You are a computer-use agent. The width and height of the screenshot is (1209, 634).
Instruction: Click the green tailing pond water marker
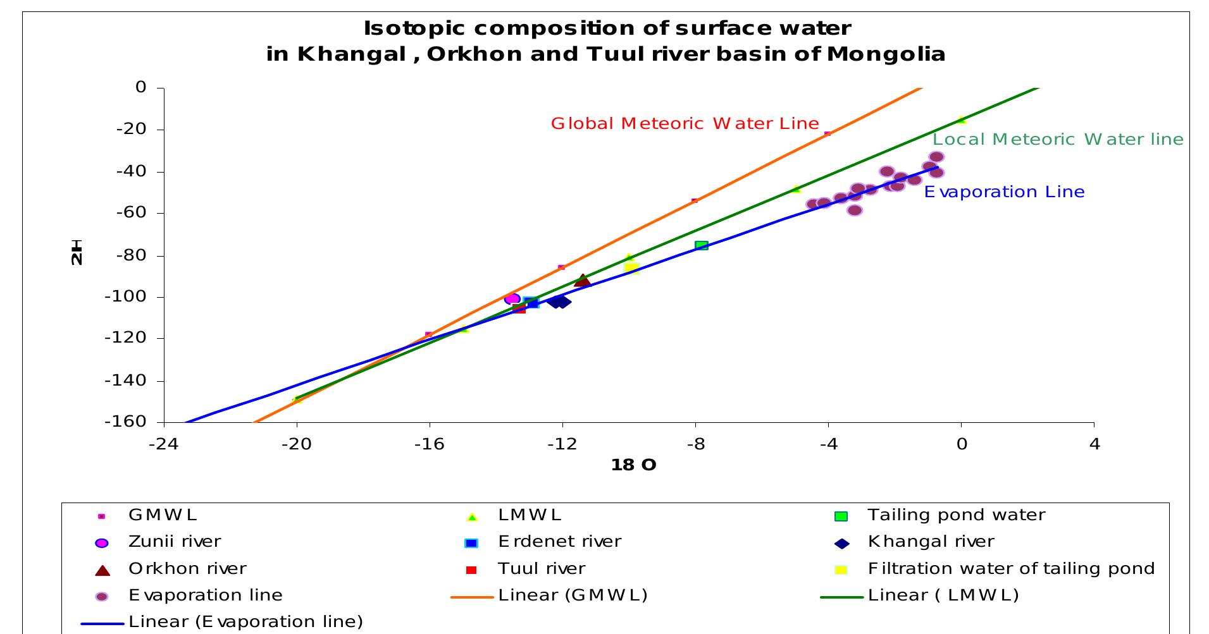[x=701, y=245]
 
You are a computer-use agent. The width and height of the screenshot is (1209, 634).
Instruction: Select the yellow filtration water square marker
[x=631, y=268]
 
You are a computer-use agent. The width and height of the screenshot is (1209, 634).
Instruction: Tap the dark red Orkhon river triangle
[x=582, y=281]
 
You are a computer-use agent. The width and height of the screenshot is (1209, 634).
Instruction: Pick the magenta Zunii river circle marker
[x=512, y=298]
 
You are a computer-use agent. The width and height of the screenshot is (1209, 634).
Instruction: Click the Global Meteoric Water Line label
[x=685, y=123]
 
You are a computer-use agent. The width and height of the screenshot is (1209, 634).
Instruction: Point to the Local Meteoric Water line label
[x=1057, y=139]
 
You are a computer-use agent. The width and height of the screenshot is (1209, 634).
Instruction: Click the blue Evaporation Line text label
[x=1003, y=192]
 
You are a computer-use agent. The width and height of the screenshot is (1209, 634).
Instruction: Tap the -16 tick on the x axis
[x=429, y=444]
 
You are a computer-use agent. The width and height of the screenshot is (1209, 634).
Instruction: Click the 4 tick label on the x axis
[x=1094, y=444]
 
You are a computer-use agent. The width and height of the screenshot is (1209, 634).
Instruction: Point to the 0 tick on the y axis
[x=140, y=87]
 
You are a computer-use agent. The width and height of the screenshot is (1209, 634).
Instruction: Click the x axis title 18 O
[x=633, y=465]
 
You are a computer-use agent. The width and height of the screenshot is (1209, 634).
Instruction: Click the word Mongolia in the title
[x=886, y=54]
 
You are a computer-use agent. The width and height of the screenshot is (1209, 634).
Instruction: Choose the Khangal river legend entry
[x=931, y=542]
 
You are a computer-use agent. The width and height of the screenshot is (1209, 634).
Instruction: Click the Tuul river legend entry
[x=542, y=568]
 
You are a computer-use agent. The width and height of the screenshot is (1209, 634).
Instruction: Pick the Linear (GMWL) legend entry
[x=573, y=595]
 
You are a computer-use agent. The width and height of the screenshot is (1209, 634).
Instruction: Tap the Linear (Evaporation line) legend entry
[x=245, y=621]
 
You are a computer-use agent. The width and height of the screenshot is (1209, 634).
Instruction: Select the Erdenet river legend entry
[x=559, y=542]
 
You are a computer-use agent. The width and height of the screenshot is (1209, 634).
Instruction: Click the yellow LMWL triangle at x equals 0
[x=961, y=119]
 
